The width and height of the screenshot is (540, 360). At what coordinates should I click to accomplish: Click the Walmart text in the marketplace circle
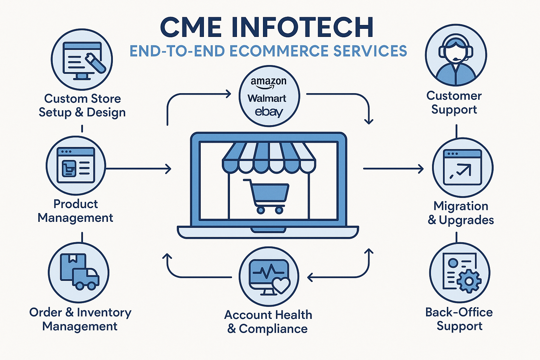click(x=267, y=98)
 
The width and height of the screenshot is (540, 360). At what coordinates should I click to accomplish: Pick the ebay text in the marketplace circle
click(x=269, y=112)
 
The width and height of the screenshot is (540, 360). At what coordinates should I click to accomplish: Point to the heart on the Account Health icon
click(x=281, y=285)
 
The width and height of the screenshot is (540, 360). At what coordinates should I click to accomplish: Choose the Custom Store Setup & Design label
click(x=82, y=105)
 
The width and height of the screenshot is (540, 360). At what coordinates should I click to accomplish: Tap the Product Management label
click(x=75, y=211)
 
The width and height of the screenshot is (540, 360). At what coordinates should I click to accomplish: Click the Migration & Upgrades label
click(x=461, y=213)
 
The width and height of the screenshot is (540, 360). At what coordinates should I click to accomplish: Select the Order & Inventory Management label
click(x=80, y=319)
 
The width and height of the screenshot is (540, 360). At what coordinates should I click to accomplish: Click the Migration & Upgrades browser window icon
click(x=462, y=167)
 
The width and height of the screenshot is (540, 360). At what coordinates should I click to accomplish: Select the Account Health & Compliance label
click(x=268, y=322)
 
